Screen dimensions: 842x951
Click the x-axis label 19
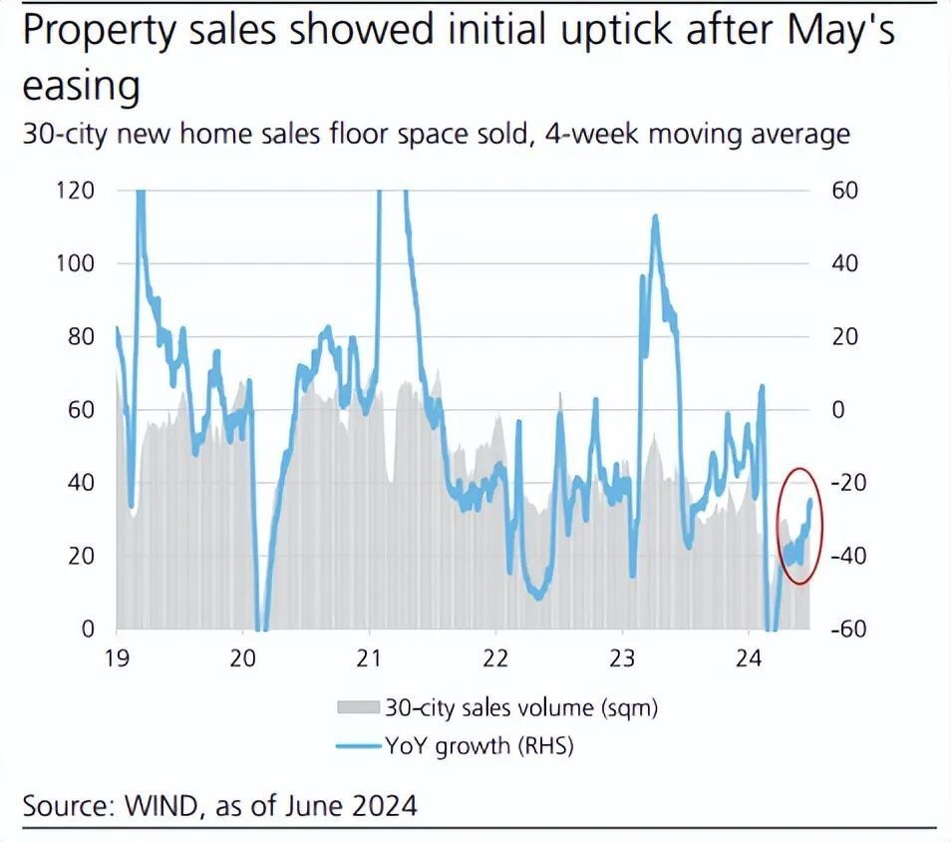pyautogui.click(x=118, y=658)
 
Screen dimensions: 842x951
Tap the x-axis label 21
pyautogui.click(x=370, y=658)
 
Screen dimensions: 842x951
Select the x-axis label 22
pyautogui.click(x=495, y=658)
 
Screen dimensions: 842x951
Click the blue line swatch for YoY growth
pyautogui.click(x=358, y=745)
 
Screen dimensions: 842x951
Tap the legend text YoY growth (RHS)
pyautogui.click(x=481, y=745)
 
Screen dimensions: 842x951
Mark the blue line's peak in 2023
pyautogui.click(x=655, y=216)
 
